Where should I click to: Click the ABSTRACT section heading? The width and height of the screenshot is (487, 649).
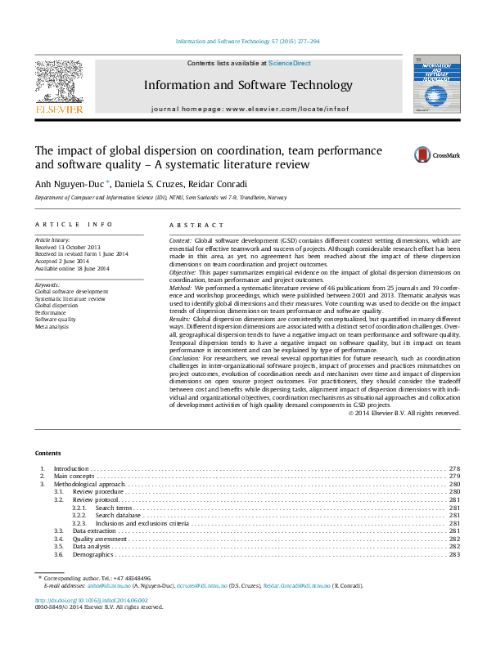point(196,225)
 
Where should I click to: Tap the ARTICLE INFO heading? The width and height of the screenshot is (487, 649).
point(74,225)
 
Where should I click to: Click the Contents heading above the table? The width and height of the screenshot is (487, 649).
point(47,453)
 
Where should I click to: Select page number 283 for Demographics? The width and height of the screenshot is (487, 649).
point(454,554)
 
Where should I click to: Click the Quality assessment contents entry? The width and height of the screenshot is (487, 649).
point(100,539)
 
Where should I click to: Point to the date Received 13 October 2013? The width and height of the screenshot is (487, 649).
point(67,246)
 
